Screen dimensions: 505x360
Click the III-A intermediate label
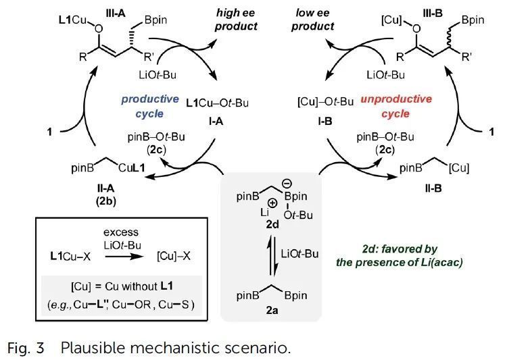tap(116, 14)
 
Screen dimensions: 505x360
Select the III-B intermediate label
tap(432, 14)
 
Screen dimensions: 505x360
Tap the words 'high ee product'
tap(236, 20)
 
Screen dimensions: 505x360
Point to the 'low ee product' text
tap(312, 20)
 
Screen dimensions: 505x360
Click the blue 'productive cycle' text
tap(150, 106)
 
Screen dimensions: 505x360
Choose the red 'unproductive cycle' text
tap(396, 106)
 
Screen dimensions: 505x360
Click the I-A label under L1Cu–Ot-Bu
tap(216, 122)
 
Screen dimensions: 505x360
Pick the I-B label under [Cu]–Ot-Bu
tap(324, 122)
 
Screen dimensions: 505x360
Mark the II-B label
tap(433, 188)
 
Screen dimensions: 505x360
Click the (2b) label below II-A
tap(105, 201)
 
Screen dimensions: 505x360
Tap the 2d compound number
tap(272, 224)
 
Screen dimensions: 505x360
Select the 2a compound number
tap(272, 310)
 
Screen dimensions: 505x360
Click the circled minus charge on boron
tap(287, 184)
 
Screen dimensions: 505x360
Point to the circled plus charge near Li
tap(272, 203)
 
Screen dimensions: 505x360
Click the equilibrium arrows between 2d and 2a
tap(272, 256)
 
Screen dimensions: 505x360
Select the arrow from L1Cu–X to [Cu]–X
tap(124, 257)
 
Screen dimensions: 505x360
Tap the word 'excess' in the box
tap(121, 232)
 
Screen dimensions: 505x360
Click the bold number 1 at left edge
tap(49, 132)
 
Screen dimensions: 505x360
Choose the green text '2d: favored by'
tap(400, 249)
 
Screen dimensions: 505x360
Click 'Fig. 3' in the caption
tap(26, 348)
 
